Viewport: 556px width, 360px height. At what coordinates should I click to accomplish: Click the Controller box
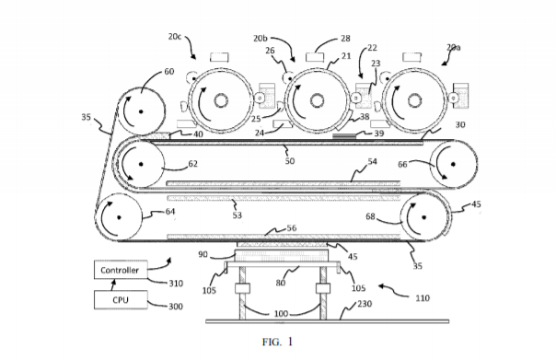point(121,270)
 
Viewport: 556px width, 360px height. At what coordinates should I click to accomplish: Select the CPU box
point(121,300)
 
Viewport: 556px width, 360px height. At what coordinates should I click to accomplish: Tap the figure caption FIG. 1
point(277,342)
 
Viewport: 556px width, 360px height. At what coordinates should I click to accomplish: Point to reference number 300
point(176,307)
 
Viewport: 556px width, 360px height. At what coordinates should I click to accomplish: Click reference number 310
point(176,284)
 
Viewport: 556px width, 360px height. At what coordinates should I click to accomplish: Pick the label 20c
point(175,36)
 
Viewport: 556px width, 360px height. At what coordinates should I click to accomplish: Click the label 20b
point(260,39)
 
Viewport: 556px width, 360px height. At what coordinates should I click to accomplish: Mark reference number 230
point(365,304)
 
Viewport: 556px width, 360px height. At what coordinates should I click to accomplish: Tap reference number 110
point(423,298)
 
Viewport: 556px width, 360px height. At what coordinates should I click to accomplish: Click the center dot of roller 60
point(141,111)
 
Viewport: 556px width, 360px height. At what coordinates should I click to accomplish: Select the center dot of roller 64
point(119,217)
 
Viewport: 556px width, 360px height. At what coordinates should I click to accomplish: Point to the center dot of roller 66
point(453,164)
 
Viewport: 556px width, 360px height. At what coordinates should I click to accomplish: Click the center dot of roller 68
point(423,217)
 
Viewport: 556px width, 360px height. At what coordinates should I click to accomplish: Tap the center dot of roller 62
point(141,164)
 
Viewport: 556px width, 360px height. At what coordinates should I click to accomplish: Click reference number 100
point(281,314)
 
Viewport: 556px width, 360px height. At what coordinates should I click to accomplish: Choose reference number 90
point(203,254)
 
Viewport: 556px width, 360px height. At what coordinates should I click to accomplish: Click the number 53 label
point(237,215)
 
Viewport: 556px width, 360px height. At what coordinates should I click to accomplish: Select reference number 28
point(345,39)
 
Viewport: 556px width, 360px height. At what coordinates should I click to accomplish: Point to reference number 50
point(290,161)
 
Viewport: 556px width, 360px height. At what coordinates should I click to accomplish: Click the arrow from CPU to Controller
point(113,285)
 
